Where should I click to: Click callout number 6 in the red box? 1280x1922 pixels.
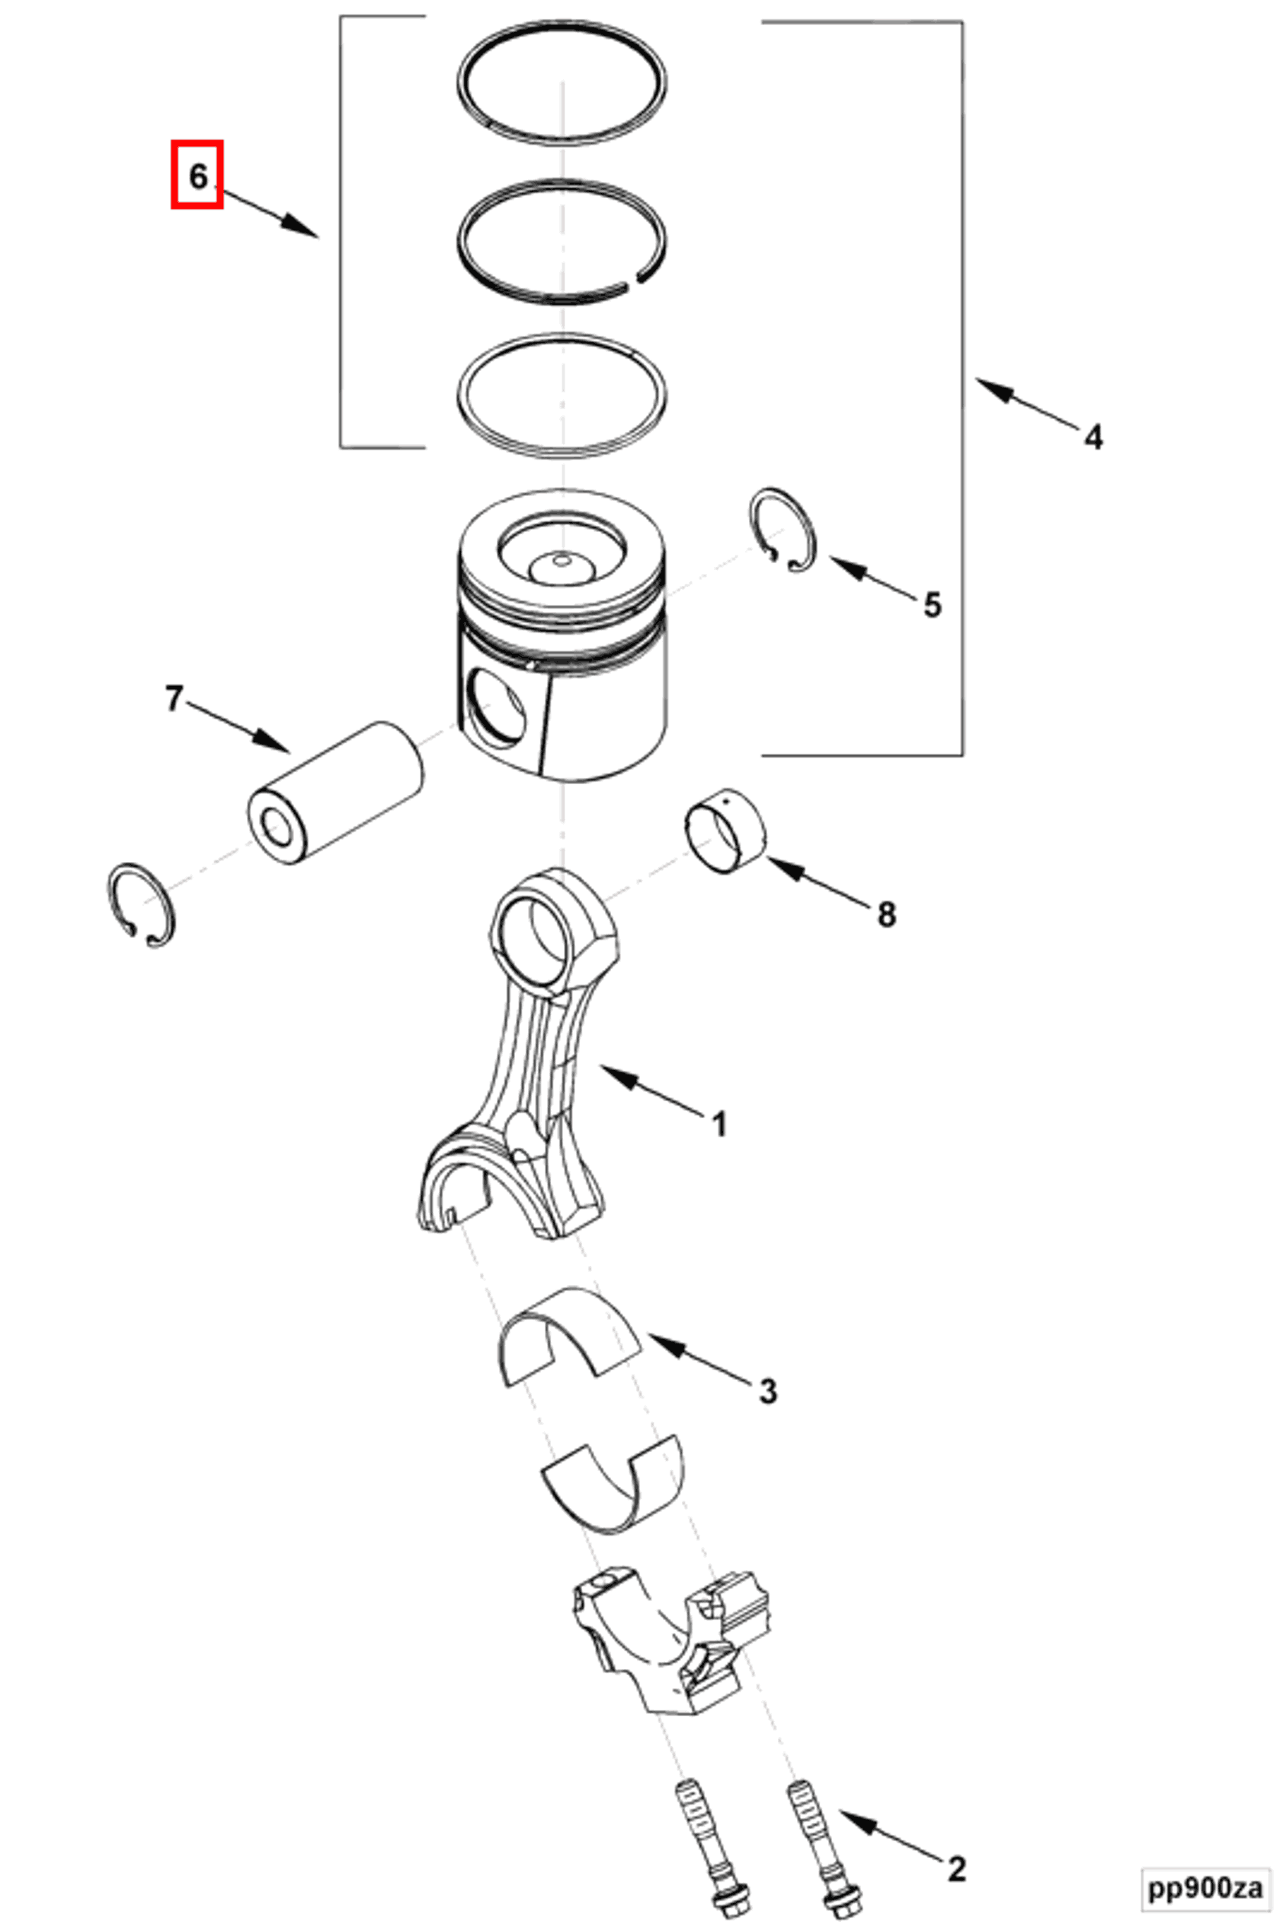[x=197, y=175]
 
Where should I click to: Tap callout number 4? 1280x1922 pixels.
[x=1093, y=437]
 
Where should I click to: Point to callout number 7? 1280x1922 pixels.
[x=174, y=698]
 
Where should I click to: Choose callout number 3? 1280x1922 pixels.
[x=767, y=1391]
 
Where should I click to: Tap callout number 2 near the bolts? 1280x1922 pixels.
[x=957, y=1845]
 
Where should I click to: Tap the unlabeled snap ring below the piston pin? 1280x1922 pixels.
[x=140, y=905]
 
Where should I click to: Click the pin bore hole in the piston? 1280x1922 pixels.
[x=495, y=706]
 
